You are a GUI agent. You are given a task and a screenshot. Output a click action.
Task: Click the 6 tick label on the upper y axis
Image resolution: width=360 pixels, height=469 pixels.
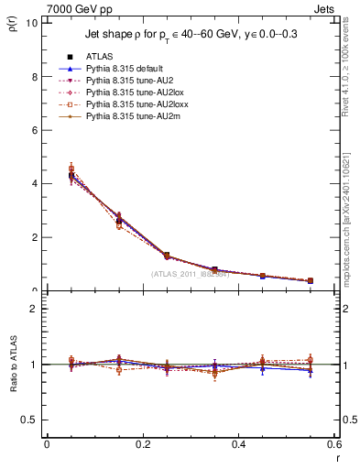click(34, 130)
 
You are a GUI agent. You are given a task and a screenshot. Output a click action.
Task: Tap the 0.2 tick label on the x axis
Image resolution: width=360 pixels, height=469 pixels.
click(143, 444)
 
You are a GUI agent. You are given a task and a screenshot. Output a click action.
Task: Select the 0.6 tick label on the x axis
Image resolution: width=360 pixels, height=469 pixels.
click(335, 444)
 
